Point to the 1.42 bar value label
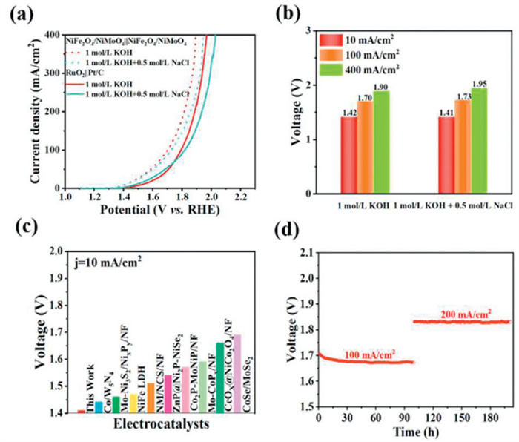pos(349,111)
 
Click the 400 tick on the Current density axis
pos(53,35)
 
